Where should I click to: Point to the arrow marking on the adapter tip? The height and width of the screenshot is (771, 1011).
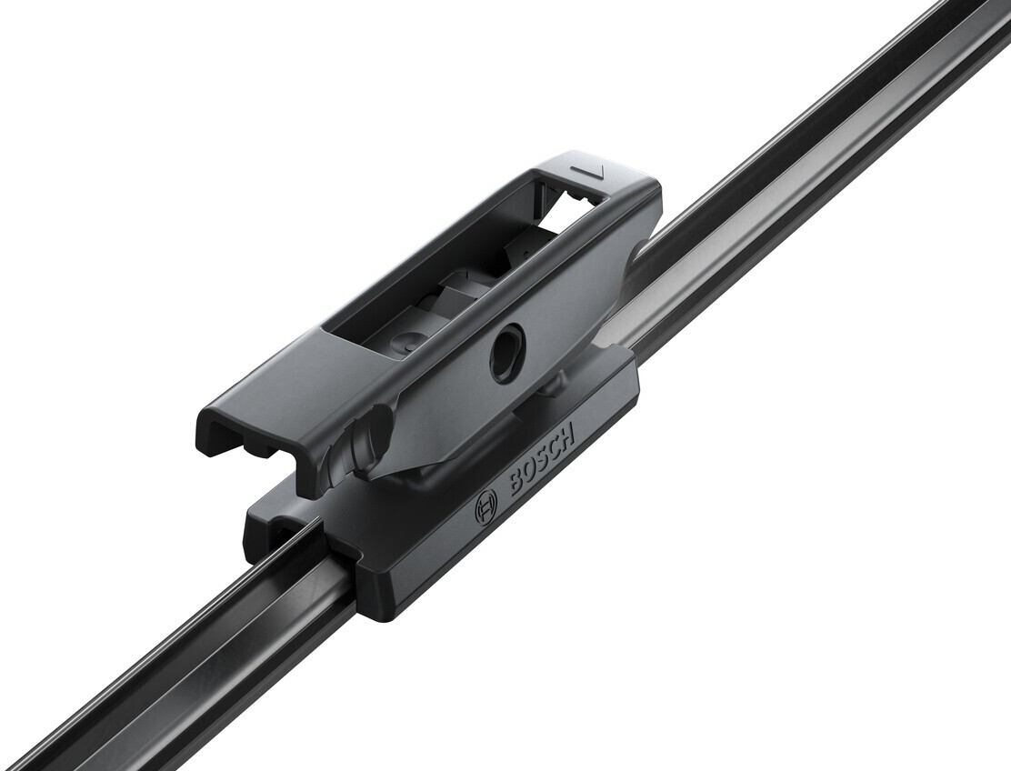587,172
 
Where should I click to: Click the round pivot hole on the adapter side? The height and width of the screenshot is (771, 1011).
506,351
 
